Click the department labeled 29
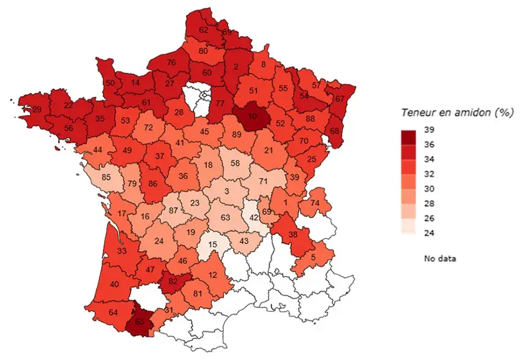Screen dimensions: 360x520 tap(37, 109)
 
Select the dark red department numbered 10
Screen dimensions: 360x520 tap(251, 116)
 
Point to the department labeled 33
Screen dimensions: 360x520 tap(121, 250)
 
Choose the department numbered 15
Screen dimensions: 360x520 tap(212, 245)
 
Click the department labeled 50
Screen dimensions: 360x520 tap(110, 83)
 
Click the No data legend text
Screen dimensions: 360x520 tap(439, 258)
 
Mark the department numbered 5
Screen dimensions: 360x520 tap(313, 257)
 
